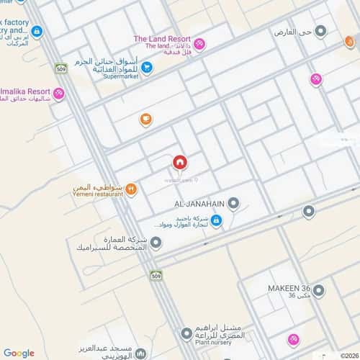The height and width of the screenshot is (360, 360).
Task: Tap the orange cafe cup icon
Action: point(145,119)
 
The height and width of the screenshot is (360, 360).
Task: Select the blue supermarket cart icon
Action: point(146,68)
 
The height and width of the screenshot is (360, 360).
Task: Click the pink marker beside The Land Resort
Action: point(199,44)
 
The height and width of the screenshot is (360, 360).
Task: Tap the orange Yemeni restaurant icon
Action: point(131,189)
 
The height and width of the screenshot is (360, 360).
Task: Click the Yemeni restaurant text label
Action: point(97,194)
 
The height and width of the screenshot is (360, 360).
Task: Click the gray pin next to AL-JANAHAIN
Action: point(234,204)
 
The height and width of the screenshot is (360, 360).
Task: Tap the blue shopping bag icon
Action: point(216,221)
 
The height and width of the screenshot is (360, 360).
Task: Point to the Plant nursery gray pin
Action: point(187,333)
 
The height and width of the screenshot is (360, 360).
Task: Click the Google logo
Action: point(19,353)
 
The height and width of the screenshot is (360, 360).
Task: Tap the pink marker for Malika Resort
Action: point(58,93)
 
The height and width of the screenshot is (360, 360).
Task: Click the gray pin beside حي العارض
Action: point(321,32)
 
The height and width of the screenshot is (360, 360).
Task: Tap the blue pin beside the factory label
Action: point(37,32)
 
